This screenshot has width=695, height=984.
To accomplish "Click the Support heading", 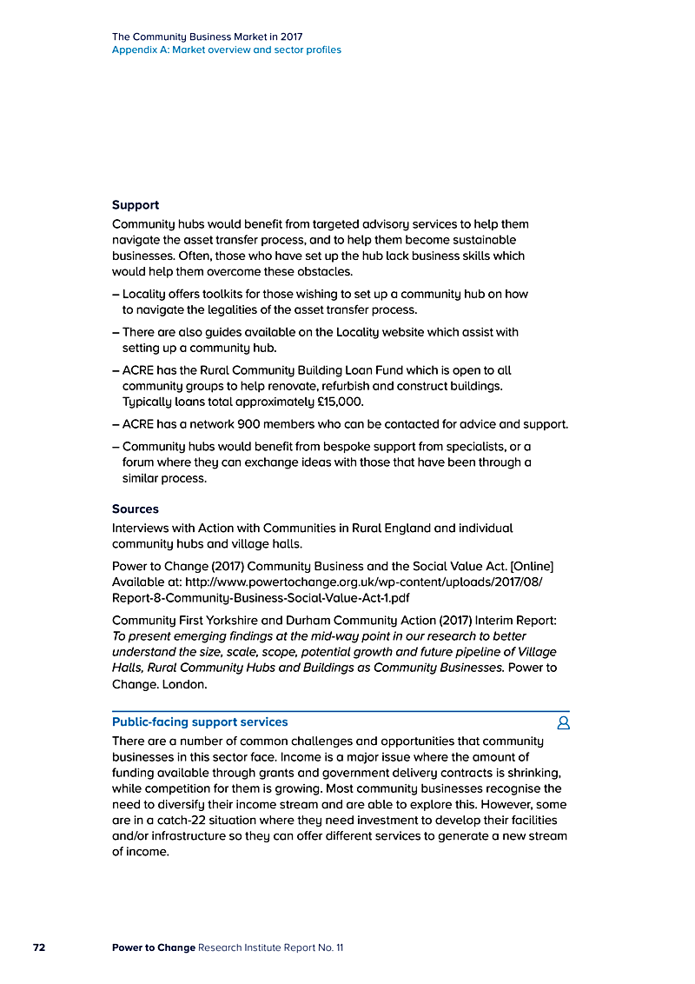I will [x=136, y=205].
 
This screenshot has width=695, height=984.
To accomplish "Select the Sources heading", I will [x=136, y=509].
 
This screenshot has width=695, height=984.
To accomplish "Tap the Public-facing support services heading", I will [x=200, y=721].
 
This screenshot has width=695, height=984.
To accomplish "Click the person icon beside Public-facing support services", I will [x=563, y=722].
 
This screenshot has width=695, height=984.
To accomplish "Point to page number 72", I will [x=39, y=947].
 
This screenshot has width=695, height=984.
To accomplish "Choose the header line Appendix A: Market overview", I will [x=227, y=50].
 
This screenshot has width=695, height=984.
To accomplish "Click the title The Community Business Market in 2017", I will [x=207, y=37].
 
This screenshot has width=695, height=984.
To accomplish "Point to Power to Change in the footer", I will [x=154, y=947].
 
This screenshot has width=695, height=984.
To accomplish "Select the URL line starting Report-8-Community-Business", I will [x=261, y=598].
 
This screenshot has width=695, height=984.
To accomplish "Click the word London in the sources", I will [x=183, y=684].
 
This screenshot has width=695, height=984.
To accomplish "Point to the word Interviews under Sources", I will [x=142, y=528].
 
